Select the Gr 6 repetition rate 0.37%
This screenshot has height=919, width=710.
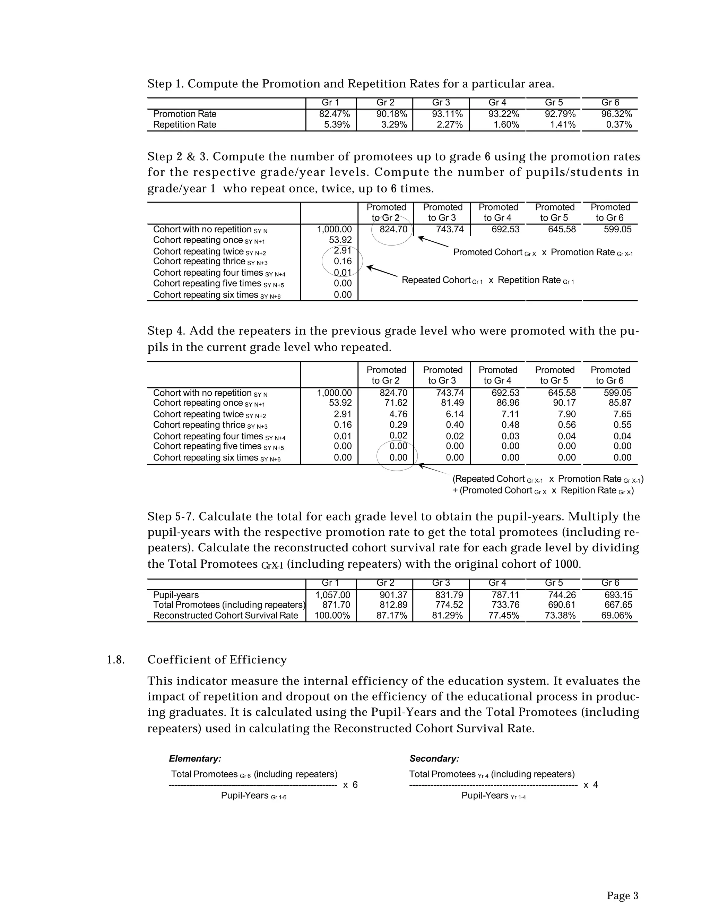tap(619, 124)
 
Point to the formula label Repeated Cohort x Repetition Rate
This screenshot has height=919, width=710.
tap(487, 280)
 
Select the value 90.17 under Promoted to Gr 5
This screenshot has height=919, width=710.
tap(564, 403)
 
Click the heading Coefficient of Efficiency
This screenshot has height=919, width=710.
tap(217, 660)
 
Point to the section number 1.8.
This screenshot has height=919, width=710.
tap(116, 660)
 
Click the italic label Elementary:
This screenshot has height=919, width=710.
tap(195, 759)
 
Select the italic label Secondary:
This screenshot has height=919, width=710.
tap(434, 759)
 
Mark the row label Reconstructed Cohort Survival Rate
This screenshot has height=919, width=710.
tap(225, 616)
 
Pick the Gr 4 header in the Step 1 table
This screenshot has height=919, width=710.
tap(497, 103)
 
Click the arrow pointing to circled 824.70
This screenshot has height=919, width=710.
tap(433, 242)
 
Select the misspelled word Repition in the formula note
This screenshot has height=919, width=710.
tap(588, 491)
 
